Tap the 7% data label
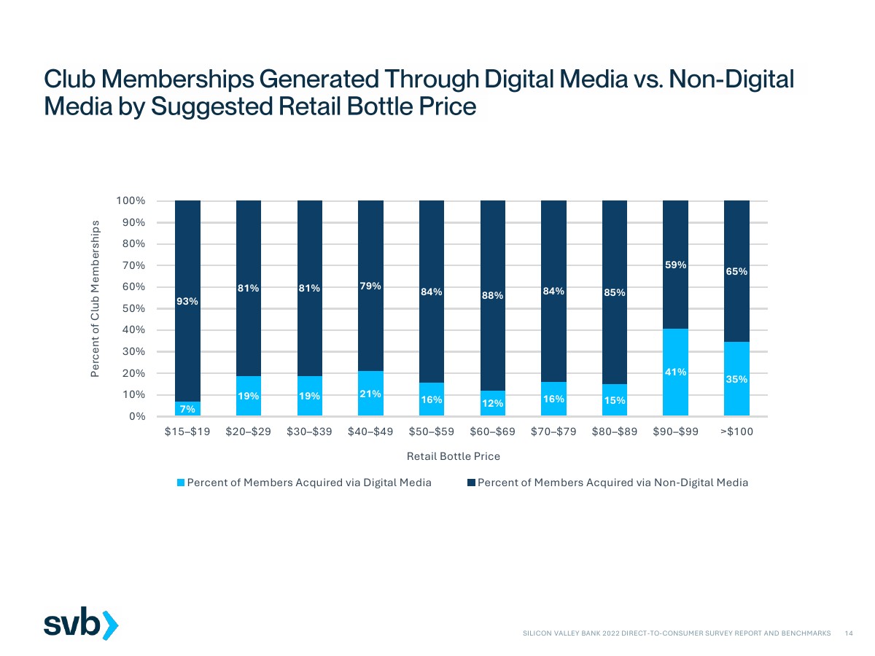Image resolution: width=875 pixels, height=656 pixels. pos(187,409)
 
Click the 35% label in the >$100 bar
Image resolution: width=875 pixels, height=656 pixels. pos(736,379)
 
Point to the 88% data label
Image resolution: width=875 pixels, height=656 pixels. pos(492,295)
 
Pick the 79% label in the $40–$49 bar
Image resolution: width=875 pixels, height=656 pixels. pos(370,286)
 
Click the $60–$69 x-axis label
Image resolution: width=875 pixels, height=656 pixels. pos(492,432)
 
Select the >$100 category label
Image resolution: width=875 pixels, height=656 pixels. pos(736,432)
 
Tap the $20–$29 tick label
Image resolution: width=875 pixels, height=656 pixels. pos(249,432)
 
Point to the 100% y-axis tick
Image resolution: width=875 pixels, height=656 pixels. pos(131,200)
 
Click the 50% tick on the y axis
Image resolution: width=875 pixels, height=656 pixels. pos(134,308)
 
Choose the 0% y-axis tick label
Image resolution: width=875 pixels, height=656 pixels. pos(137,416)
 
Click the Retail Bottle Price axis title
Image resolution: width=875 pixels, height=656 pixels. pos(453,456)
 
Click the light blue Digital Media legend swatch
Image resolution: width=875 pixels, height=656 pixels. pos(182,483)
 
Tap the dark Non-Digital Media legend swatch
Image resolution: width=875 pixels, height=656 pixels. pos(472,483)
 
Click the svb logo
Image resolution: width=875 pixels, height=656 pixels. pos(80,624)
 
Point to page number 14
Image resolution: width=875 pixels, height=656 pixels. pos(848,634)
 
